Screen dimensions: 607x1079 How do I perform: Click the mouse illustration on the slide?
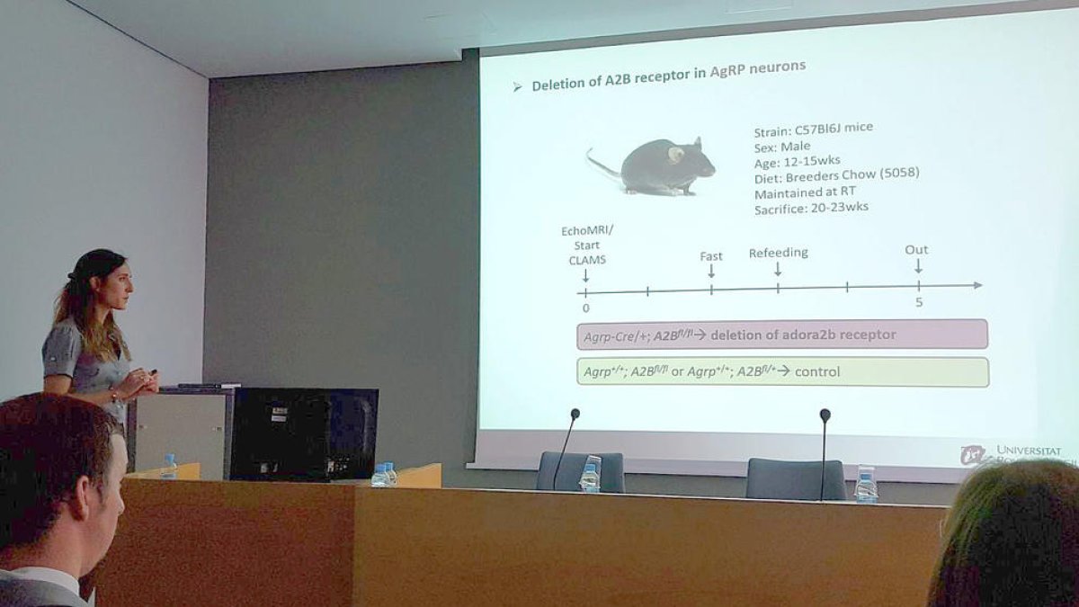tap(656, 166)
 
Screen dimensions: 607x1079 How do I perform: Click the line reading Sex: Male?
tap(782, 146)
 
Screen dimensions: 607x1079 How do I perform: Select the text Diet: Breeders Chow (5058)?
tap(836, 174)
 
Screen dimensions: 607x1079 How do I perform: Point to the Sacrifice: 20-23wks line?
tap(812, 207)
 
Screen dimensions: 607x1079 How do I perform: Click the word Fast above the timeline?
tap(710, 256)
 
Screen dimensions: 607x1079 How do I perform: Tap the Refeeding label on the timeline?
tap(778, 254)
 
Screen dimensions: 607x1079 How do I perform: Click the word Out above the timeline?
tap(916, 250)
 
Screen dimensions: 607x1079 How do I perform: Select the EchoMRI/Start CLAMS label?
tap(586, 245)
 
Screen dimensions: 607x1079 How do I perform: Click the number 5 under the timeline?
tap(918, 302)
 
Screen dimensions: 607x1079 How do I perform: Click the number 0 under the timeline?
tap(586, 308)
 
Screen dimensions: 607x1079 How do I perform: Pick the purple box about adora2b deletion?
tap(781, 335)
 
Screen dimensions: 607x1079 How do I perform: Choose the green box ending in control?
tap(781, 371)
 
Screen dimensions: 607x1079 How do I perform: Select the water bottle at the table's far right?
tap(866, 485)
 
